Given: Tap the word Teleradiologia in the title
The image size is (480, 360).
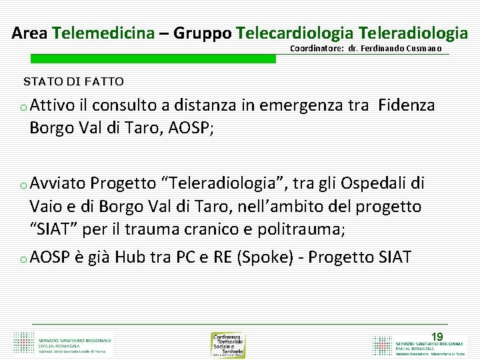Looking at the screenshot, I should coord(413,32).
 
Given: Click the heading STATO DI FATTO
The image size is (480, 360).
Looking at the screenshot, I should coord(73,82).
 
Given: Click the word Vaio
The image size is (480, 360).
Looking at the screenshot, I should coord(46,207).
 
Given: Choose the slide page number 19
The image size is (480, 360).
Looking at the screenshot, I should coord(437,337).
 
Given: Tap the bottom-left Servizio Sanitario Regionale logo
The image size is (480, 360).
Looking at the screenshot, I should coord(63,343).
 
